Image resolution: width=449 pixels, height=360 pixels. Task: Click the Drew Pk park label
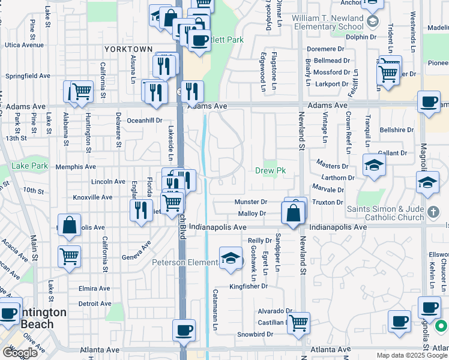(x=271, y=171)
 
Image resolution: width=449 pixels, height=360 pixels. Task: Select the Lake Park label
(x=29, y=166)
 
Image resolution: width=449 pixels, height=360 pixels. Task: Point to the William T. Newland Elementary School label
(x=328, y=22)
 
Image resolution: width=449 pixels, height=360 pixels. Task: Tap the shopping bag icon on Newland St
(x=292, y=213)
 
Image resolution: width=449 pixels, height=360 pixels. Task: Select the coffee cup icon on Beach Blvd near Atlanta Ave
(x=184, y=329)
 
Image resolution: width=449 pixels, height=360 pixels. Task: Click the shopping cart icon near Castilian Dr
(x=298, y=322)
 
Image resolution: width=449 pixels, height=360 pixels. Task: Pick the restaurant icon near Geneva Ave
(x=141, y=210)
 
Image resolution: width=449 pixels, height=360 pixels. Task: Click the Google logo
(x=20, y=352)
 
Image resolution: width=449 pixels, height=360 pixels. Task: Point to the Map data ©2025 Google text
(x=412, y=355)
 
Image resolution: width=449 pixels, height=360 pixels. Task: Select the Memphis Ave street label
(x=76, y=167)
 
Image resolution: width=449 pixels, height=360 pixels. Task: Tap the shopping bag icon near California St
(x=70, y=225)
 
